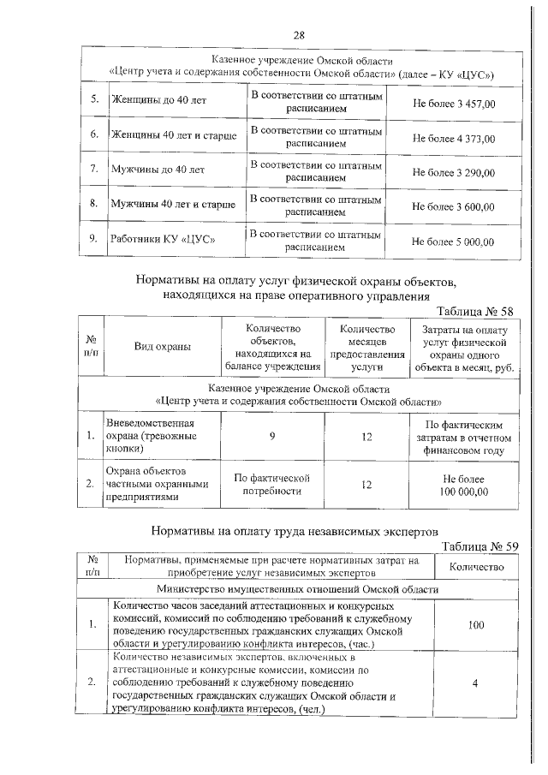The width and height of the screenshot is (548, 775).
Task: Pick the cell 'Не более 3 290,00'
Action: (454, 172)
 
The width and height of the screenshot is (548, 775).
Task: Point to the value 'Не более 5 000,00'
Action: (454, 241)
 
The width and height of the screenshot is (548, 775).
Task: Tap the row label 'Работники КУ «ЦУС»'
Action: (162, 240)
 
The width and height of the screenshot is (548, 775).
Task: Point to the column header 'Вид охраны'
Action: (162, 347)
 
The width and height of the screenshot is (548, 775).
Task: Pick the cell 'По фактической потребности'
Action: (271, 484)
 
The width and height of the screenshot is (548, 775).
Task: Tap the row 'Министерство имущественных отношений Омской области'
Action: (298, 589)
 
